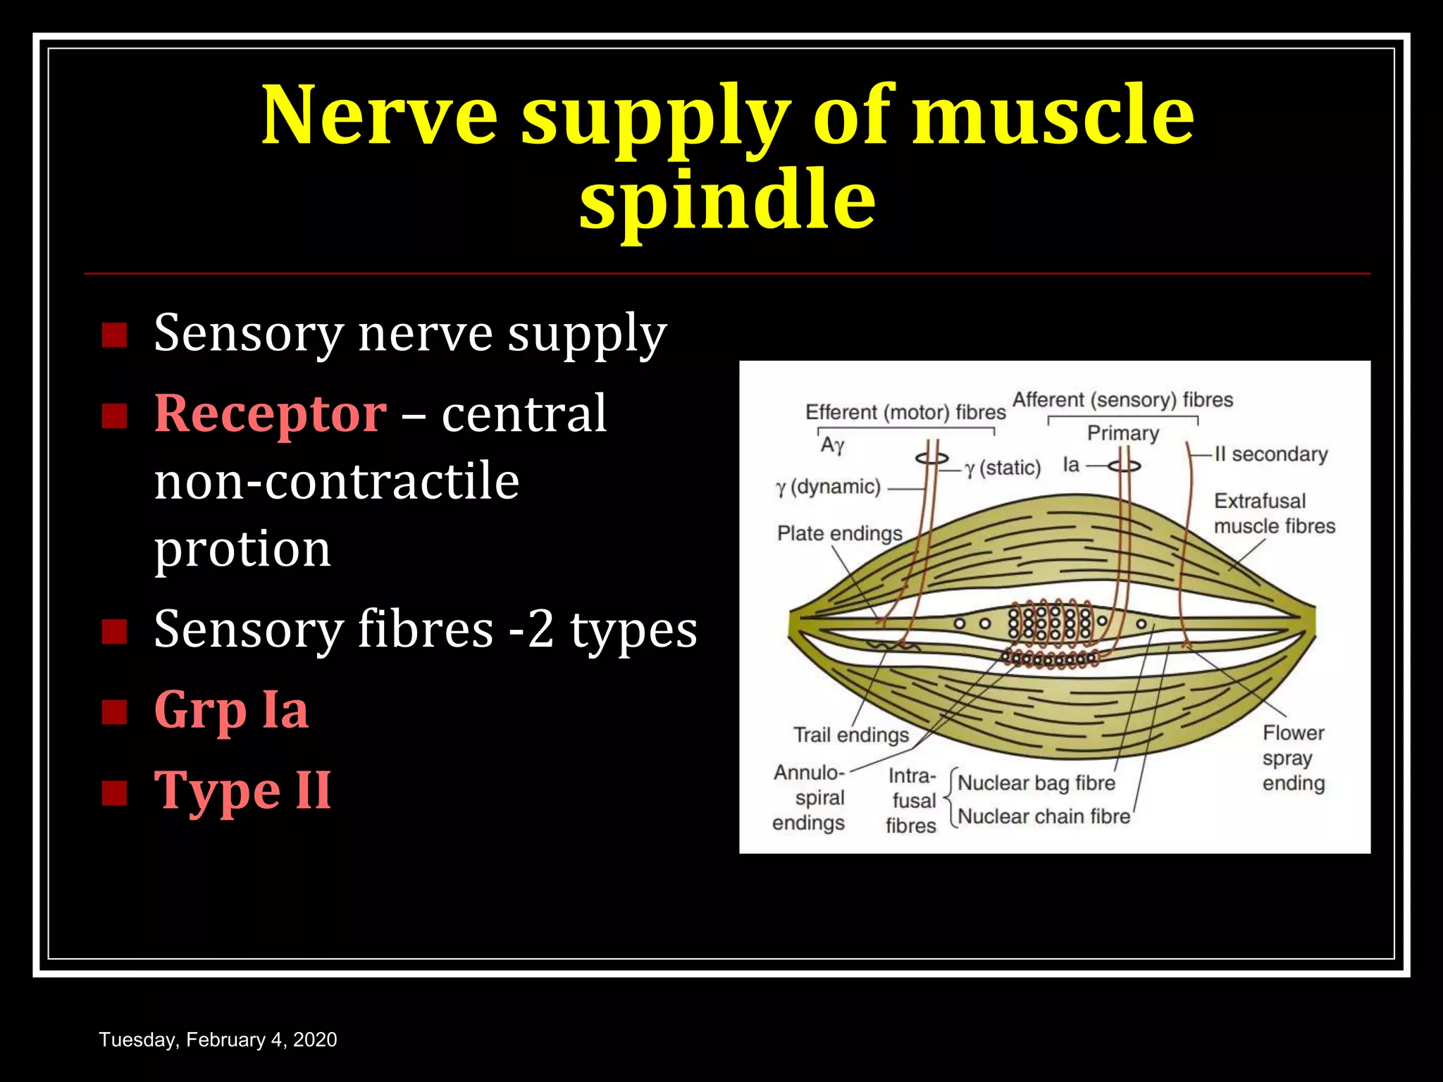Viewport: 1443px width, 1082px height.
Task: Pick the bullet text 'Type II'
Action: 242,790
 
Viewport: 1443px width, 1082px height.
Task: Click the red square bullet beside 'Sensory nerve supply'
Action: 114,335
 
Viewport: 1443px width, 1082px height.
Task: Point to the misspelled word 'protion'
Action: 242,549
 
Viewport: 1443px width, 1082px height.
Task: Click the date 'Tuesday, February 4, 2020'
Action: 218,1040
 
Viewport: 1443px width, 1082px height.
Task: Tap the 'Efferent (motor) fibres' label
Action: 905,412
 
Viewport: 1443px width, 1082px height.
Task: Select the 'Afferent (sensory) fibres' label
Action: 1122,399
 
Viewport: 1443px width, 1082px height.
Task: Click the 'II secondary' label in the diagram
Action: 1270,454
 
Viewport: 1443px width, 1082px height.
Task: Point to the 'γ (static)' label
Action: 1003,468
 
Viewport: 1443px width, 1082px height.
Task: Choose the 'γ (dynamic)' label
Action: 829,487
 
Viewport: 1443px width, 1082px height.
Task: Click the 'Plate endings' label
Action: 839,533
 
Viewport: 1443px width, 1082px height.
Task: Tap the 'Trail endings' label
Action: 851,735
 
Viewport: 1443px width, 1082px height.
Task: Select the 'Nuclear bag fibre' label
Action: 1036,783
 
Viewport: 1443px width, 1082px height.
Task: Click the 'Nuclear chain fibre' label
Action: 1043,816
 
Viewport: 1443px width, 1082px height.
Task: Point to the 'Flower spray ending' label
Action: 1293,758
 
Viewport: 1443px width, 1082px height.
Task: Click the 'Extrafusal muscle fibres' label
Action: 1274,514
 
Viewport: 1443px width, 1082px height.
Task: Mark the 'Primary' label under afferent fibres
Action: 1122,433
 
